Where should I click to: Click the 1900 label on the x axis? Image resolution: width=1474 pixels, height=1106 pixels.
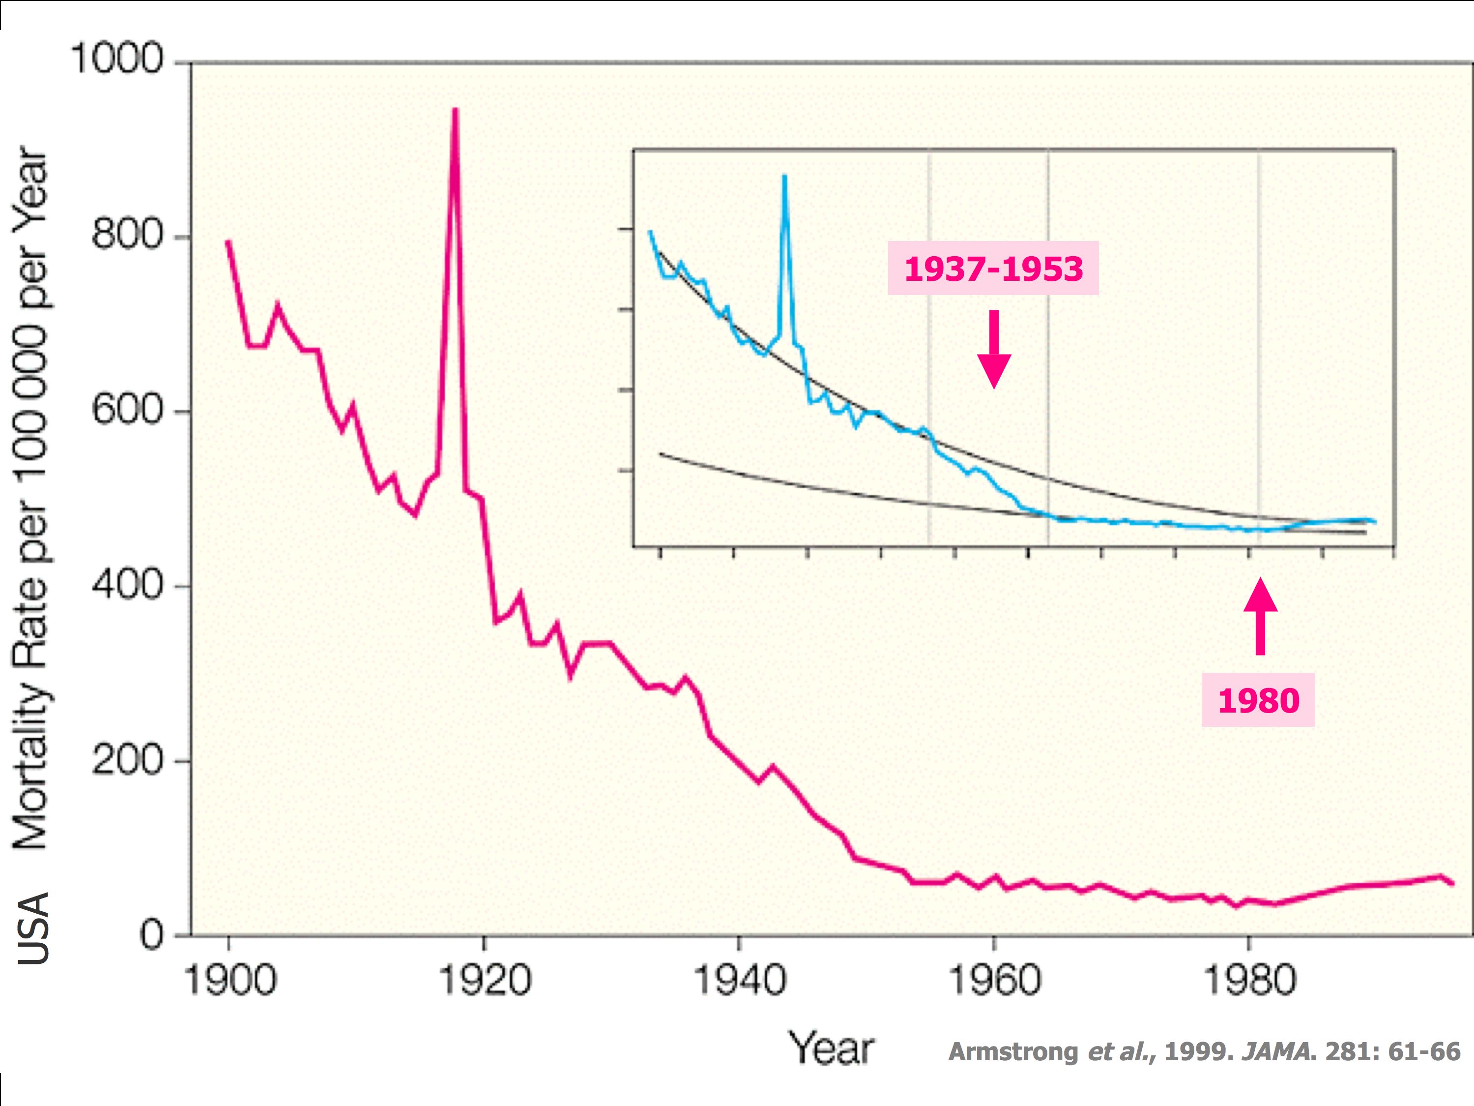[x=229, y=981]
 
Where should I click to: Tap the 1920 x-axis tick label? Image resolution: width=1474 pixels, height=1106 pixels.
[x=485, y=981]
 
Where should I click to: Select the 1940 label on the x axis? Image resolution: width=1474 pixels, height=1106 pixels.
[x=739, y=981]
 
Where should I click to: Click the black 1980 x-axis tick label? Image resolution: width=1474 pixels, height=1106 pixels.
[x=1249, y=981]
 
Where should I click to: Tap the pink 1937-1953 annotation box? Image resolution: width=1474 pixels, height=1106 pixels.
[x=993, y=268]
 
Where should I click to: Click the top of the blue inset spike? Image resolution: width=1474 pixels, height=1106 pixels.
[x=784, y=176]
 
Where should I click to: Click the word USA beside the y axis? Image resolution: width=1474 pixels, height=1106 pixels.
[x=33, y=927]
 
